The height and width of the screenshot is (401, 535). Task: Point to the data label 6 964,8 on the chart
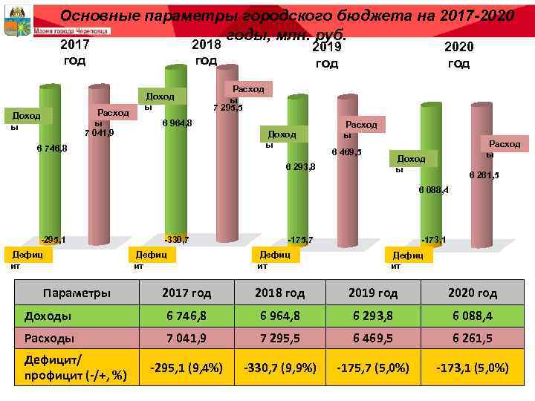pos(178,123)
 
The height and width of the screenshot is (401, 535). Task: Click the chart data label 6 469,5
pos(346,152)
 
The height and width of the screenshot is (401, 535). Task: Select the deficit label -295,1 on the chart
pos(53,239)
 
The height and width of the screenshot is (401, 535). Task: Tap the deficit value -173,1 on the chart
pos(433,239)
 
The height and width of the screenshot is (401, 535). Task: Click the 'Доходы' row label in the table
pos(48,316)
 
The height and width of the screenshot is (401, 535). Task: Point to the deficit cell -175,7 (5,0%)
pos(372,367)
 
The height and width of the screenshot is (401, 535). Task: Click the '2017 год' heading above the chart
pos(74,53)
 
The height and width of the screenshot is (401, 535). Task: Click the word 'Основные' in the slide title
pos(96,15)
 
